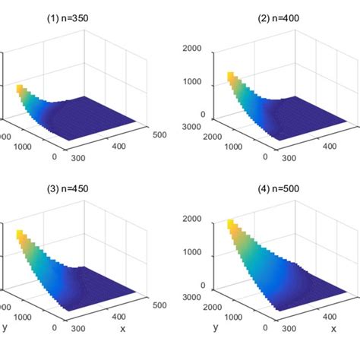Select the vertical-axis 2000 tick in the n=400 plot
[193, 47]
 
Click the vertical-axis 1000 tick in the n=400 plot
[193, 81]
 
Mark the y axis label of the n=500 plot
[216, 327]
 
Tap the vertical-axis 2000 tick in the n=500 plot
[193, 219]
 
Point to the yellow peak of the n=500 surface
[232, 225]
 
